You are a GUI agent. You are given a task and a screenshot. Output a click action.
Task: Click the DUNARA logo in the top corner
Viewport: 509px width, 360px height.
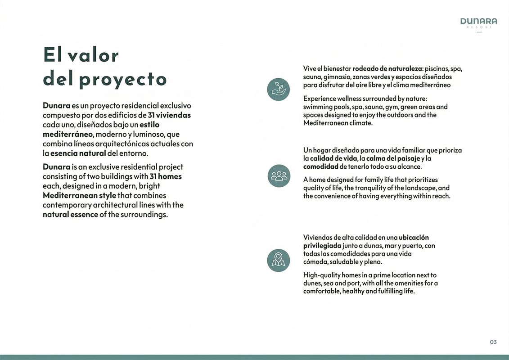pyautogui.click(x=478, y=22)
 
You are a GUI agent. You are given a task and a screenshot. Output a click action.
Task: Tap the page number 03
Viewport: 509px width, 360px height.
pyautogui.click(x=493, y=342)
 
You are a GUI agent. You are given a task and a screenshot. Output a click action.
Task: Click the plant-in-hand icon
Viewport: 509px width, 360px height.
pyautogui.click(x=278, y=89)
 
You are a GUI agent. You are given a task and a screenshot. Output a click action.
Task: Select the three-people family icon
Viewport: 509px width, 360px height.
pyautogui.click(x=279, y=175)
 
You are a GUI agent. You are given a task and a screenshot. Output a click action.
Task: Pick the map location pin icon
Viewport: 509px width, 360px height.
pyautogui.click(x=278, y=260)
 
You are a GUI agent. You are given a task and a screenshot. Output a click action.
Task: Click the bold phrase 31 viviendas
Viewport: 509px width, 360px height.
pyautogui.click(x=169, y=115)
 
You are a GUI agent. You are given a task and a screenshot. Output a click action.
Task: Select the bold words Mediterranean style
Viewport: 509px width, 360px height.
pyautogui.click(x=79, y=195)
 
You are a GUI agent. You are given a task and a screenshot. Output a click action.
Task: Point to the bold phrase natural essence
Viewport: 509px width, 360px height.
pyautogui.click(x=70, y=214)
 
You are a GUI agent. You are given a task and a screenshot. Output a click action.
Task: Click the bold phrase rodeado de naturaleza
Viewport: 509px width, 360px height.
pyautogui.click(x=387, y=69)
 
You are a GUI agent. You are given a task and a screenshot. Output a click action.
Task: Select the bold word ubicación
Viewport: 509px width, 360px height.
pyautogui.click(x=414, y=238)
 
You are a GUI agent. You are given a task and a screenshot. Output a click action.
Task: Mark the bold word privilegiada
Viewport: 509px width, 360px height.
pyautogui.click(x=322, y=246)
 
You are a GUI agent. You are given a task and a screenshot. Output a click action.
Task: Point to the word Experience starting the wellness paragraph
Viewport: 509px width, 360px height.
pyautogui.click(x=320, y=99)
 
